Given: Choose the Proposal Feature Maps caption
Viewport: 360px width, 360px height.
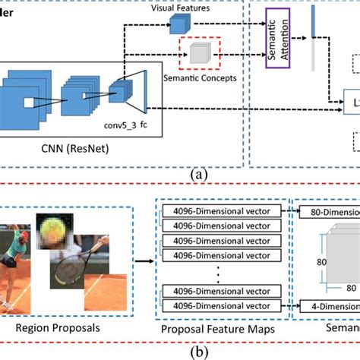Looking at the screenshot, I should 223,332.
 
